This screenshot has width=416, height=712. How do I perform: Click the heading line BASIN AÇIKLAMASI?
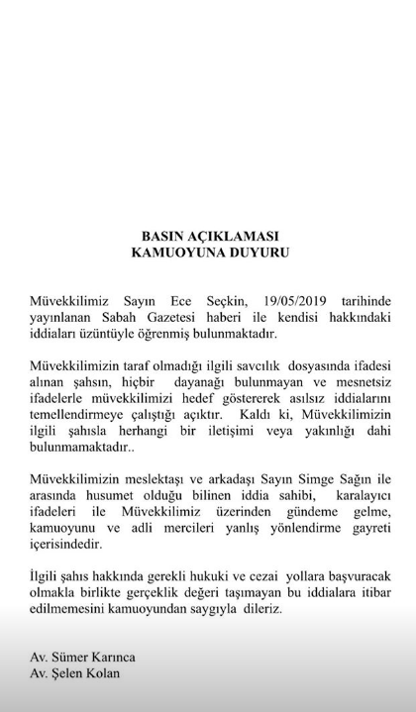click(208, 237)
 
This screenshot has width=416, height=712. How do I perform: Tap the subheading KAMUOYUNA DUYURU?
click(208, 253)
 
